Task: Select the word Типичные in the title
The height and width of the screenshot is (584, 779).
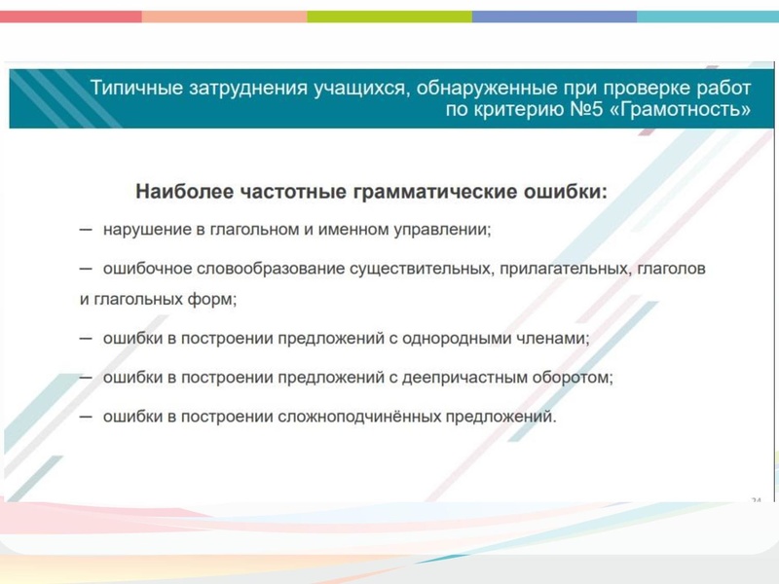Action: point(130,87)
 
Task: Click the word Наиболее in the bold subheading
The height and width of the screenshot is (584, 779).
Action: point(173,192)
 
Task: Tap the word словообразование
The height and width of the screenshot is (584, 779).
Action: point(252,267)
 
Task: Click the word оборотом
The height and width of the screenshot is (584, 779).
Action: point(576,377)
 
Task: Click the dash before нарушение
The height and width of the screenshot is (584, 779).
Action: point(86,230)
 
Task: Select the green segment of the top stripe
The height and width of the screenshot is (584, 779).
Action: point(389,17)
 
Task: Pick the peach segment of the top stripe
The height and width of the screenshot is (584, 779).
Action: point(224,17)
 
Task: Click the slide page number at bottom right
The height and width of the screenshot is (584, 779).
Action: point(756,499)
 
